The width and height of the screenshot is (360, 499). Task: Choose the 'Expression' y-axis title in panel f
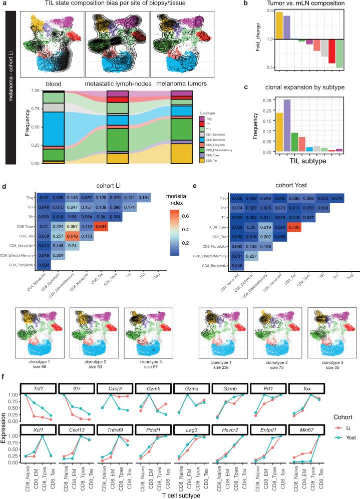pyautogui.click(x=5, y=413)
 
